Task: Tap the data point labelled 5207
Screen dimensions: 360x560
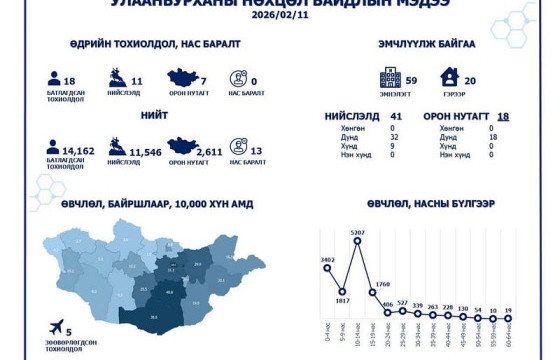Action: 356,243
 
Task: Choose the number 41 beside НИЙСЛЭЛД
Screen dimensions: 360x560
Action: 396,117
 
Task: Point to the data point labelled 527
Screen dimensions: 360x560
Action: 402,309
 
